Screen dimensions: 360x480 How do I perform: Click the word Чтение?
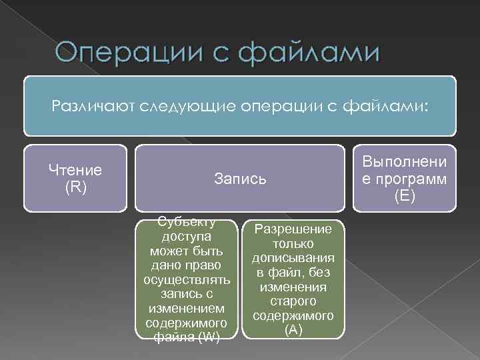click(x=75, y=170)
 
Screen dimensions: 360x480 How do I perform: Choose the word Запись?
click(x=241, y=178)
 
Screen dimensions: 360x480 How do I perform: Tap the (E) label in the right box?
click(x=405, y=196)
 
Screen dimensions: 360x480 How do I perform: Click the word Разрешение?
click(x=293, y=229)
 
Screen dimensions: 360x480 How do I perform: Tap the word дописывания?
click(x=293, y=258)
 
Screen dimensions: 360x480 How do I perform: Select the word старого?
click(x=293, y=301)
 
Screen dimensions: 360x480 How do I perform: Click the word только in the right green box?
click(x=293, y=244)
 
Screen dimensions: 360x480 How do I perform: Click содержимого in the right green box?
click(x=293, y=315)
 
